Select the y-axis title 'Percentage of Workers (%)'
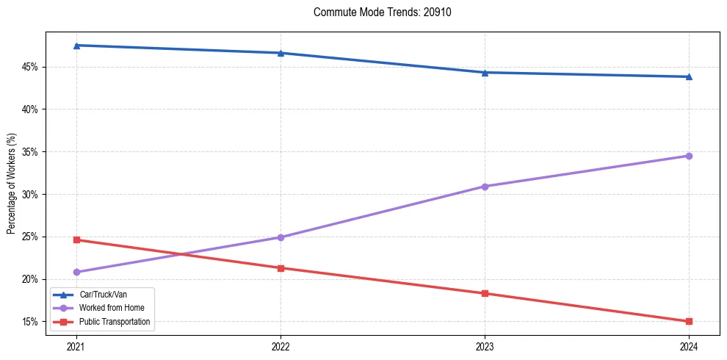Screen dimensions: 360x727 11,184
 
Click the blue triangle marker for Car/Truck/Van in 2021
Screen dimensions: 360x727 76,46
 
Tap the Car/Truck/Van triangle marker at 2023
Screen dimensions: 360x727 485,73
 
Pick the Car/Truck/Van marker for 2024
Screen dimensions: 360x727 689,76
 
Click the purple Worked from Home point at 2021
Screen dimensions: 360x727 76,272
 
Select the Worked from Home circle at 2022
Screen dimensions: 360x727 281,237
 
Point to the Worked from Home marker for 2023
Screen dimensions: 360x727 485,187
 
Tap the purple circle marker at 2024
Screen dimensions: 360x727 689,156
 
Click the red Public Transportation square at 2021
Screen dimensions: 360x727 76,240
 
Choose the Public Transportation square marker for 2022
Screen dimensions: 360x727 281,268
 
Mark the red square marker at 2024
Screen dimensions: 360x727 689,321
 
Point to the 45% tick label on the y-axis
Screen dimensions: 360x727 30,67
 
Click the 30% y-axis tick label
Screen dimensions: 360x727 30,195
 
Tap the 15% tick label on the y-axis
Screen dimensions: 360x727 30,322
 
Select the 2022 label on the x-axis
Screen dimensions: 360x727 281,346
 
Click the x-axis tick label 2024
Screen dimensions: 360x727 689,346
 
